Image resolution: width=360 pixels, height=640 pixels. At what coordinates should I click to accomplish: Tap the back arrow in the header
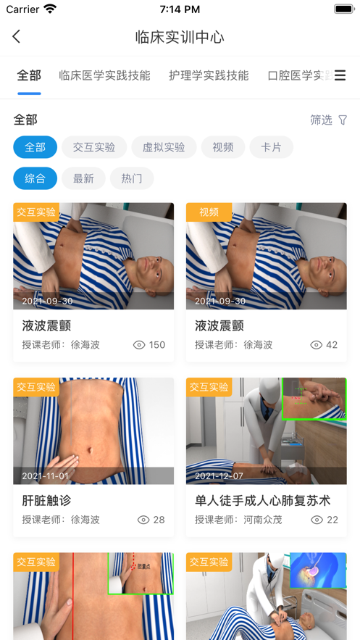[17, 36]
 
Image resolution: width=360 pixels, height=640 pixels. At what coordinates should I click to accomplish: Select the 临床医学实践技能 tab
[104, 75]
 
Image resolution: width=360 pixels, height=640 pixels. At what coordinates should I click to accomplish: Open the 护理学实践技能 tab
[209, 75]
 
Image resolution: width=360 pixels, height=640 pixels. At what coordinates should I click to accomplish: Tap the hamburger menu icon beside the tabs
[340, 75]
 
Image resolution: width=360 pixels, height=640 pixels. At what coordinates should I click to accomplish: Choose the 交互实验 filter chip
[94, 147]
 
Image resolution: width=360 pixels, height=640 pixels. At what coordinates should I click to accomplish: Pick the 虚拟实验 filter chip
[164, 147]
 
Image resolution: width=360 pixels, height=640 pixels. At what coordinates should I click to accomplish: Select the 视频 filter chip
[223, 147]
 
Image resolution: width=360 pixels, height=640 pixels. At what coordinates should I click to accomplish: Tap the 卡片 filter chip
[272, 147]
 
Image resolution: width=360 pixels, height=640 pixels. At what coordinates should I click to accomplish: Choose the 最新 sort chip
[83, 178]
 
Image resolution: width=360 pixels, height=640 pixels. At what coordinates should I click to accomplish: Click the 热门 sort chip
[132, 178]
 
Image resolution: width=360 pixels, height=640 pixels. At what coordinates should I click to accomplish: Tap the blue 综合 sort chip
[35, 178]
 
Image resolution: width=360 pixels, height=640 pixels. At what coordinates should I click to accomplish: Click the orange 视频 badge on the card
[209, 212]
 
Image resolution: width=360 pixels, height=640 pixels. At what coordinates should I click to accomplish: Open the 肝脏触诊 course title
[46, 500]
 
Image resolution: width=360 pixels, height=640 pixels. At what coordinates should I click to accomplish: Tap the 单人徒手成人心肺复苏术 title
[262, 500]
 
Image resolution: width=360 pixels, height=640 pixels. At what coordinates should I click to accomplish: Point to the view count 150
[157, 345]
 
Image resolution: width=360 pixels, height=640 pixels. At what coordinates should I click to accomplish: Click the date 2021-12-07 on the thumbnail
[220, 476]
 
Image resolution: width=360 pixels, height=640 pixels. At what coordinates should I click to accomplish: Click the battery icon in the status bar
[344, 9]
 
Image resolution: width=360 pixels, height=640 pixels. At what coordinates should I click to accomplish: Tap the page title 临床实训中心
[180, 37]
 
